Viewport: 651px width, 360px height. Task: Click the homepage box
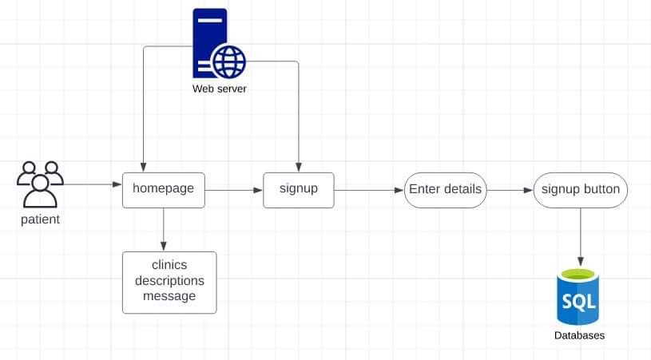[x=163, y=190]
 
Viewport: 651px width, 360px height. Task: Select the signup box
[x=298, y=190]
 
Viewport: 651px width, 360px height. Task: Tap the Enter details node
[x=445, y=190]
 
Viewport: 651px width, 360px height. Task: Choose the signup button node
[x=580, y=190]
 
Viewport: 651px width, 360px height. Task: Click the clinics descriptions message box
[x=169, y=282]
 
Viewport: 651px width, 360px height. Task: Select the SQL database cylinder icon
[x=578, y=297]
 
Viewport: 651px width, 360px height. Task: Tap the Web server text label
[x=220, y=88]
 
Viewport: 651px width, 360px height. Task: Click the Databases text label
[x=579, y=335]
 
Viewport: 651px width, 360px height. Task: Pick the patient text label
[x=40, y=220]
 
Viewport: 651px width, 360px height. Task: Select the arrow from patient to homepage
[x=92, y=184]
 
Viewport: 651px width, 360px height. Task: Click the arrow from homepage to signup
[x=234, y=190]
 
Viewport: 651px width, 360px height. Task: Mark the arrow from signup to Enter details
[x=368, y=190]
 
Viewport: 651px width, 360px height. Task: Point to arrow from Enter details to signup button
[x=509, y=190]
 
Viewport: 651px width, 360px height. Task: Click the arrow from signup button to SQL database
[x=581, y=238]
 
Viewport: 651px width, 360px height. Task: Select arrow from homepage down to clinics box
[x=163, y=229]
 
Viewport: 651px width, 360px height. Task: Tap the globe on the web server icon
[x=228, y=61]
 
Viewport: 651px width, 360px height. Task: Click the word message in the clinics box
[x=169, y=297]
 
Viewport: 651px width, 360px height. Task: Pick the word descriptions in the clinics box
[x=169, y=281]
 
